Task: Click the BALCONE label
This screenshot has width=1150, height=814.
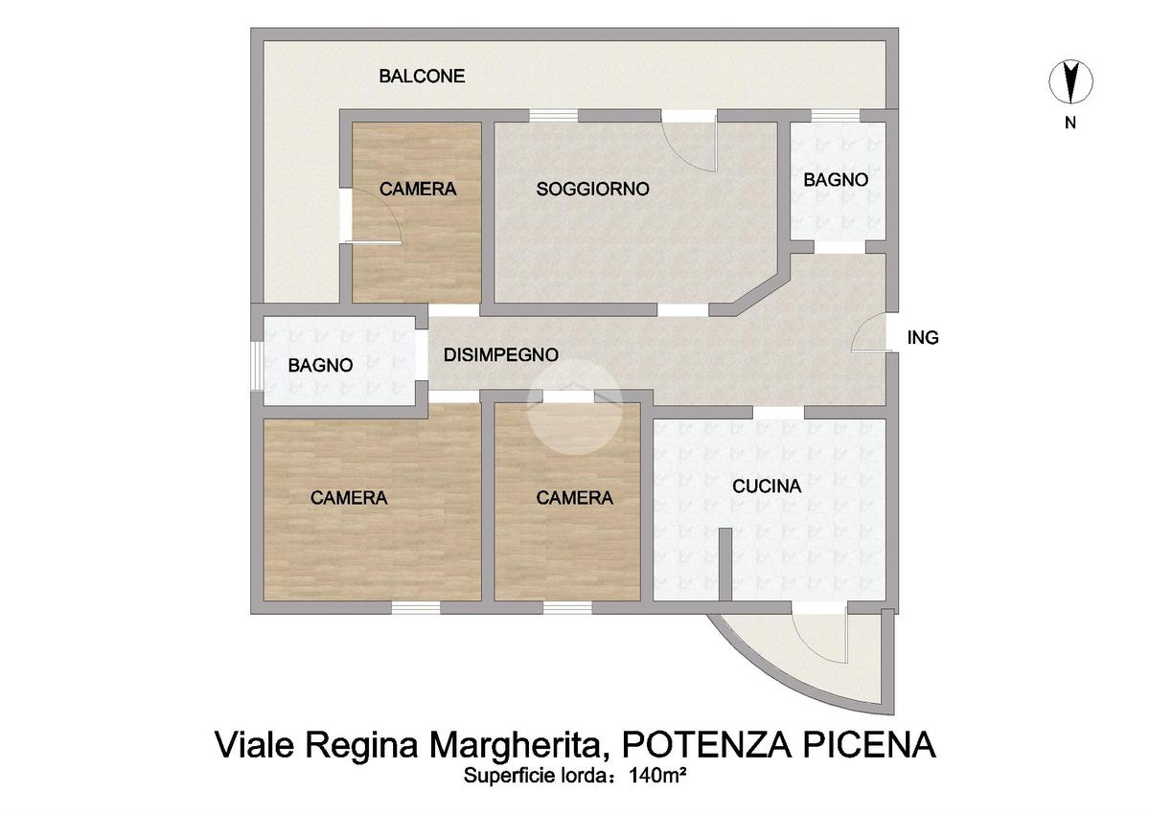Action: tap(422, 77)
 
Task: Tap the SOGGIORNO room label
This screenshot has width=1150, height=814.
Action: tap(593, 190)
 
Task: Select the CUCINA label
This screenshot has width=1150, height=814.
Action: tap(767, 486)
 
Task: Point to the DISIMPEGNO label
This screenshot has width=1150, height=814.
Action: tap(501, 355)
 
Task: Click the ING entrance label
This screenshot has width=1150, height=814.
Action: tap(923, 337)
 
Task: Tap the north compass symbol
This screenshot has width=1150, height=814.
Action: tap(1070, 81)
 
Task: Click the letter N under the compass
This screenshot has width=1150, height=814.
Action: tap(1070, 124)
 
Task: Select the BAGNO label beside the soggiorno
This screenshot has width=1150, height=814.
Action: tap(836, 180)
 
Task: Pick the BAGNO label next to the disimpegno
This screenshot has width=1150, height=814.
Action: tap(320, 366)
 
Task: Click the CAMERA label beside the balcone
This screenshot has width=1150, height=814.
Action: tap(418, 190)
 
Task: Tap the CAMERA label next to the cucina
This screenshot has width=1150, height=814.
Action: tap(574, 498)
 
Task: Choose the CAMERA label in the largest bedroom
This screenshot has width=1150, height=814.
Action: tap(349, 498)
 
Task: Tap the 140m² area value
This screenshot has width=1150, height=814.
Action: tap(657, 776)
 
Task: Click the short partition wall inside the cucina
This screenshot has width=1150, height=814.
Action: tap(724, 564)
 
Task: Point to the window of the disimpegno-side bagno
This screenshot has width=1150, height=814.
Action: tap(257, 366)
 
